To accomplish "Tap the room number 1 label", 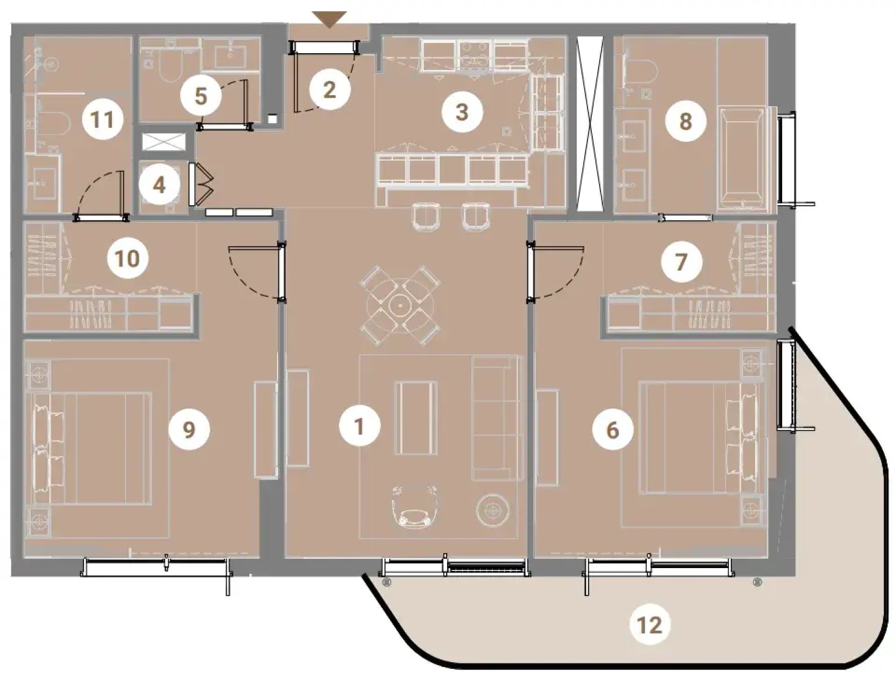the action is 359,427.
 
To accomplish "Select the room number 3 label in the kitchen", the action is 462,112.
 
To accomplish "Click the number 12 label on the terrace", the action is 650,624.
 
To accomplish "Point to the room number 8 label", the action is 685,121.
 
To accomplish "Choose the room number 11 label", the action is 102,120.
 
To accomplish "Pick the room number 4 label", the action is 159,186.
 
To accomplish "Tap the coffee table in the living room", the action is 416,418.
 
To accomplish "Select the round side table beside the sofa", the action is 493,510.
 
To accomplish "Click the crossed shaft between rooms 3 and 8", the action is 590,124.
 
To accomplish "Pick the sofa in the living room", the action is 497,418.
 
